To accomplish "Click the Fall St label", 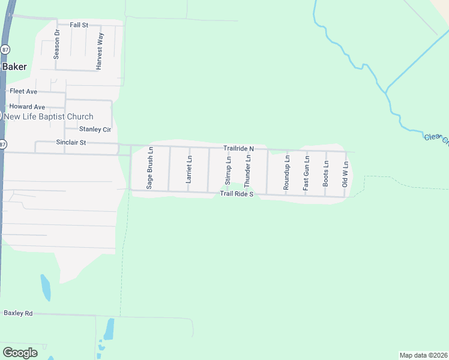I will (x=79, y=25).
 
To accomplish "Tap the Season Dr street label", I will (x=57, y=44).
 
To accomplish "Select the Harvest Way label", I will (x=100, y=53).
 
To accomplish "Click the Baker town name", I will (x=14, y=67).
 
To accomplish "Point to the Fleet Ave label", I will (x=23, y=91).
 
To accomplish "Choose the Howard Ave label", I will (x=27, y=107).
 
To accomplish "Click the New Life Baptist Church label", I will (x=49, y=117).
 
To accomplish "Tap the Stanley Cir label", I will (x=95, y=129).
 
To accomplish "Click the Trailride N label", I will (x=239, y=148).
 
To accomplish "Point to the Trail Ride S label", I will (x=237, y=194).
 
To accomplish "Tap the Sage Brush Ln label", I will (x=150, y=169).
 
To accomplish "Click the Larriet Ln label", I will (x=189, y=170).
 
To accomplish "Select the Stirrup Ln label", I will (x=228, y=170).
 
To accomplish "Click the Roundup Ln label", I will (x=287, y=172).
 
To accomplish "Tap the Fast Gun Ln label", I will (x=306, y=172).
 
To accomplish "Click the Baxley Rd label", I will (x=18, y=313).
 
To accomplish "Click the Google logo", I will (x=20, y=353).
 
